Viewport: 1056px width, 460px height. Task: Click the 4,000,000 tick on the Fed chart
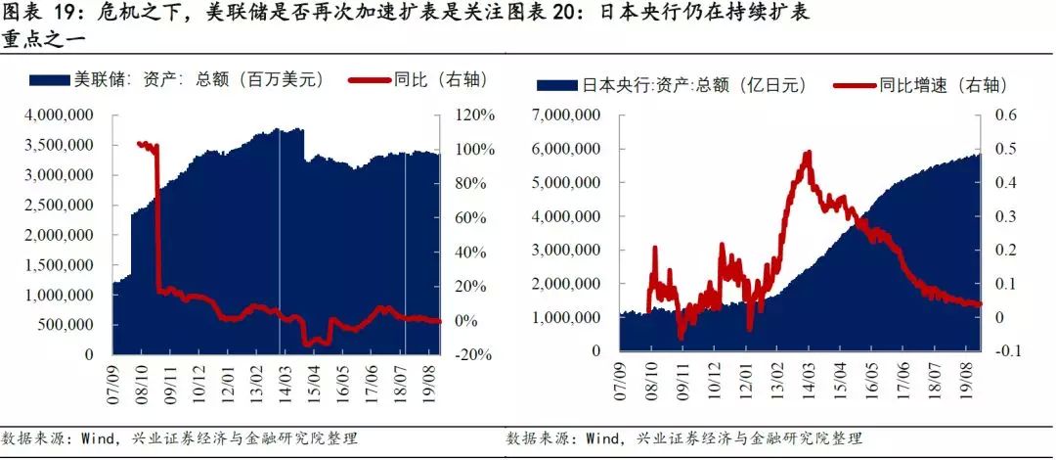coord(66,115)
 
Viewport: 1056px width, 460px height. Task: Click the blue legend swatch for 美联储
coord(53,79)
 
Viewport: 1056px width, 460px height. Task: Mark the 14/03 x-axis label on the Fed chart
coord(281,380)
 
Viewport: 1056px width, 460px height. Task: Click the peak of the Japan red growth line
coord(808,153)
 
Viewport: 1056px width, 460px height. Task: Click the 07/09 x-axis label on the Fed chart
coord(115,380)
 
